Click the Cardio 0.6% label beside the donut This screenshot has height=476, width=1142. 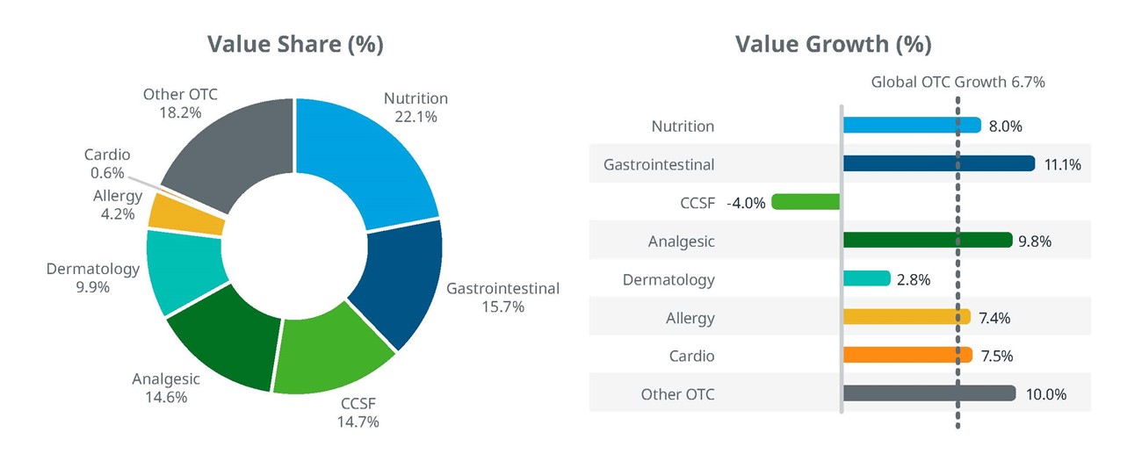pyautogui.click(x=106, y=163)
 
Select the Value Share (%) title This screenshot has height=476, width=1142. pyautogui.click(x=294, y=44)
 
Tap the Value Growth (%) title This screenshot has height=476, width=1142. pyautogui.click(x=833, y=44)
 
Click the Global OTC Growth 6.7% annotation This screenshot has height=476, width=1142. pyautogui.click(x=958, y=82)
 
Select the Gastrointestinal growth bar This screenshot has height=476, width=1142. pyautogui.click(x=938, y=163)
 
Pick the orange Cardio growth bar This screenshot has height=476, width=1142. pyautogui.click(x=907, y=356)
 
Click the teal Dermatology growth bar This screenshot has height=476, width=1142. pyautogui.click(x=866, y=279)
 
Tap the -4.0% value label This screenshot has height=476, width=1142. pyautogui.click(x=746, y=203)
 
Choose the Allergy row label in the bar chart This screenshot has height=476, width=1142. pyautogui.click(x=690, y=318)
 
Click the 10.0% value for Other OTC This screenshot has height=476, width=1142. pyautogui.click(x=1045, y=394)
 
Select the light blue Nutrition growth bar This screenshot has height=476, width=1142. pyautogui.click(x=911, y=126)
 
